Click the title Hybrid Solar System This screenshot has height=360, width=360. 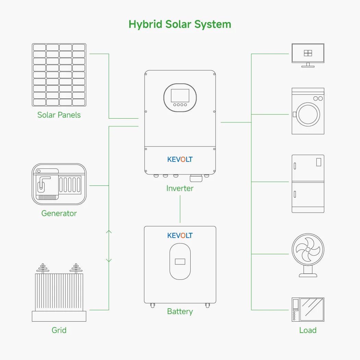[180, 24]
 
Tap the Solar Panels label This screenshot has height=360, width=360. [59, 115]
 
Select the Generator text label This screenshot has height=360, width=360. [59, 213]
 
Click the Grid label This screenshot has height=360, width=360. [59, 330]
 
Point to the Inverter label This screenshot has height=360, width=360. [180, 188]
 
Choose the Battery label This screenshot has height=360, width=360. [180, 311]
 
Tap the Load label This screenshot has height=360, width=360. [308, 330]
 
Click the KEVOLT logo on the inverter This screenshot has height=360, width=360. [180, 159]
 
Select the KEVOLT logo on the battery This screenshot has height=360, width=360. [180, 236]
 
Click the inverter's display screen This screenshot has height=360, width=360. [180, 95]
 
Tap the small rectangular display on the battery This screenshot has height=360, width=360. [180, 262]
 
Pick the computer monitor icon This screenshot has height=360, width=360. [308, 55]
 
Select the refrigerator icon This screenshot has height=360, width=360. [308, 184]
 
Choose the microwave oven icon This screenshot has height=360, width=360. [308, 310]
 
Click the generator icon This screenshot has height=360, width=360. [59, 184]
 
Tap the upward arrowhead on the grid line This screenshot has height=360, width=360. [109, 232]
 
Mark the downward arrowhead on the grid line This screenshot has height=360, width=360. [109, 261]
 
